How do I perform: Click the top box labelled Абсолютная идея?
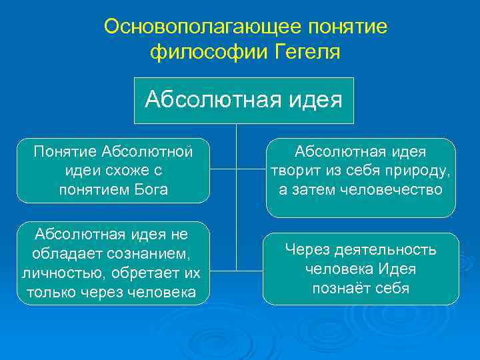point(244,100)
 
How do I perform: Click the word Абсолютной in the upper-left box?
point(147,152)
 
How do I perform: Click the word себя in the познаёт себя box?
point(391,288)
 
